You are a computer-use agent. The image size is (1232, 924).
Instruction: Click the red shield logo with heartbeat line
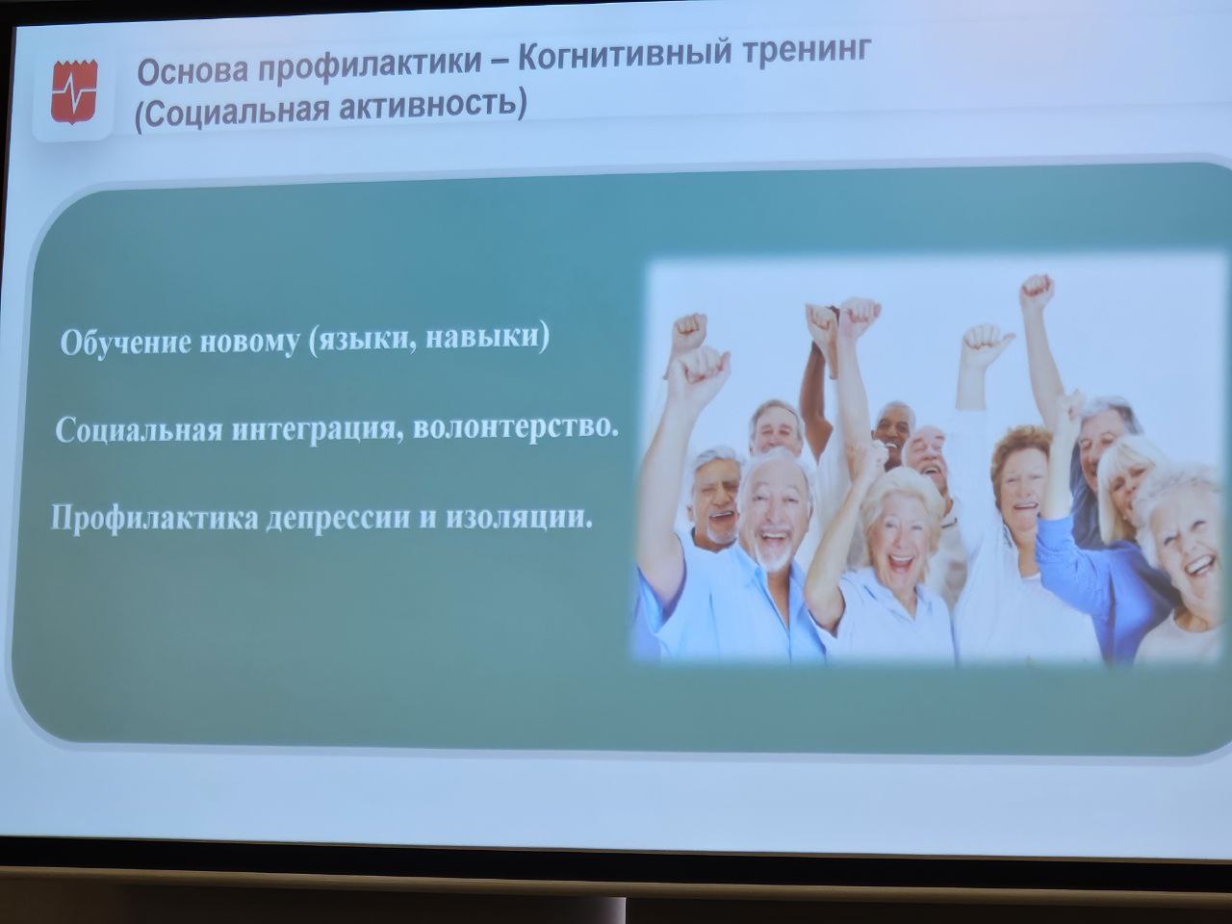(75, 91)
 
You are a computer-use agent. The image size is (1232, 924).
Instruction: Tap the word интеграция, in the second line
(319, 430)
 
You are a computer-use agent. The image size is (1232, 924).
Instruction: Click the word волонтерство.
(516, 428)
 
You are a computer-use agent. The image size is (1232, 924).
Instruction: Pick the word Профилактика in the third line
(154, 518)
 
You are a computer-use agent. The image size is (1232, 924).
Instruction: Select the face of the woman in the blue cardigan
(1021, 487)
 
